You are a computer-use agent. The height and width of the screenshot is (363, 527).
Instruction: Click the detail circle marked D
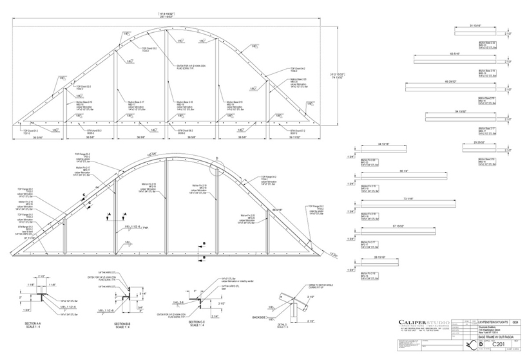(216, 158)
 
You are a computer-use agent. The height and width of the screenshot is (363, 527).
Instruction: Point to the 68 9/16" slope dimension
(278, 210)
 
